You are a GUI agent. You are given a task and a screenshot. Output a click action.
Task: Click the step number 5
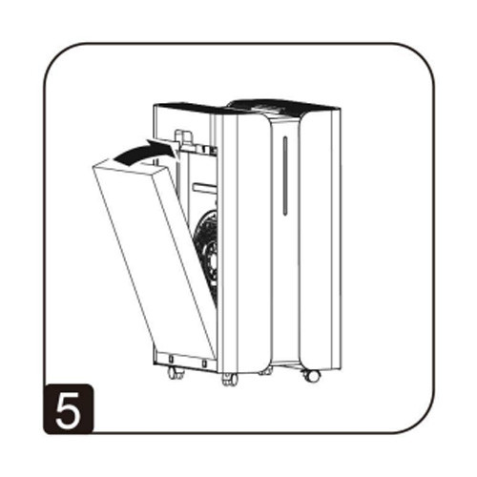coord(69,407)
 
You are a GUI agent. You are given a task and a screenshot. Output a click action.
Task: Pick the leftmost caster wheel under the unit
coord(174,373)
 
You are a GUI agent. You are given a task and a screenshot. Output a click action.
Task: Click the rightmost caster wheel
coord(311,373)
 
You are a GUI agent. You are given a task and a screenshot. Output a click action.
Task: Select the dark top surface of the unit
coord(277,104)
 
